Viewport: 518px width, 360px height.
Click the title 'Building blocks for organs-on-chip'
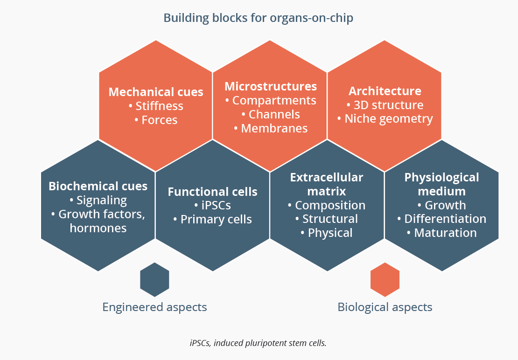pos(259,18)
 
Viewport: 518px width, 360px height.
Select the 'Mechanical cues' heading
pos(156,92)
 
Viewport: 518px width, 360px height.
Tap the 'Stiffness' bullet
pos(156,106)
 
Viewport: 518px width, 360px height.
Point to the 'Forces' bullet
pos(156,120)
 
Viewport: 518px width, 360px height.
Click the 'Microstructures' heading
pos(271,86)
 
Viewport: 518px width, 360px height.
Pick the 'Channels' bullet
pos(271,114)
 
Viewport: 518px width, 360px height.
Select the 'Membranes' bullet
pos(271,128)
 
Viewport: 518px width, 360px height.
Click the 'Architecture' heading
pos(385,91)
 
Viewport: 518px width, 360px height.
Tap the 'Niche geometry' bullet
pos(385,119)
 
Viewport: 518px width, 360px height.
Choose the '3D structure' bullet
pos(385,105)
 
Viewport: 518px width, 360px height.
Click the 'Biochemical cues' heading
pos(98,186)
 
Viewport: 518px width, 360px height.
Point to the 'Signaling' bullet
pos(98,201)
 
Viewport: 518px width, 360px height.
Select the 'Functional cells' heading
pos(212,192)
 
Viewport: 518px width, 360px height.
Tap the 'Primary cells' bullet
pos(212,220)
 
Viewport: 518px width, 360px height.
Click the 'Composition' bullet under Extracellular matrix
pos(327,205)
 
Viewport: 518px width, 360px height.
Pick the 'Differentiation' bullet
pos(441,219)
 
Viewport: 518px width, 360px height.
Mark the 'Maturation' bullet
pos(441,233)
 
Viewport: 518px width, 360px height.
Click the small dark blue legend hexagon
pos(154,279)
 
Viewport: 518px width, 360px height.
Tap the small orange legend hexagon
pos(385,279)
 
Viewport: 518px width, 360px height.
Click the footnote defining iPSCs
pos(258,343)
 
